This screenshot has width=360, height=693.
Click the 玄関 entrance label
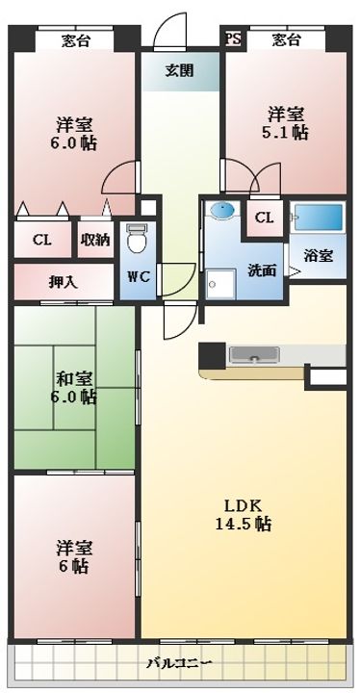[x=177, y=70]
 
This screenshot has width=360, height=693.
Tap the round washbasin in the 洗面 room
[x=220, y=211]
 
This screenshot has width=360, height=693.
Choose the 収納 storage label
[x=94, y=240]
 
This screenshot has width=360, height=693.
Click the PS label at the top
[x=233, y=39]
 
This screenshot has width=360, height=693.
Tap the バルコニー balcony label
[x=181, y=662]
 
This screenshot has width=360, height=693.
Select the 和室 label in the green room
[x=73, y=377]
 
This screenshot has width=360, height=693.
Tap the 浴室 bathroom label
[x=319, y=255]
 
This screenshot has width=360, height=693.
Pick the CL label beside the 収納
[x=41, y=240]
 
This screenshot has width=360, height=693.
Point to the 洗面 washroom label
[x=262, y=270]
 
